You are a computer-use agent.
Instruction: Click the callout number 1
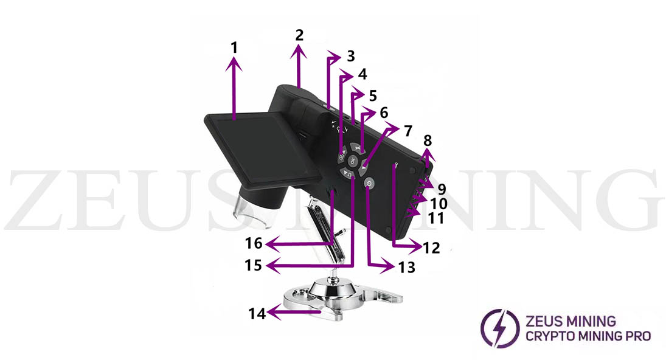tap(235, 46)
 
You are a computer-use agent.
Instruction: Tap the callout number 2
tap(299, 35)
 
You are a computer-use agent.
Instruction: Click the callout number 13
tap(407, 267)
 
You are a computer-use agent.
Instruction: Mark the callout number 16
tap(254, 244)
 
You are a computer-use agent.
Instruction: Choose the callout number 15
tap(254, 265)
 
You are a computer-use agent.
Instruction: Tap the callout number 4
tap(362, 75)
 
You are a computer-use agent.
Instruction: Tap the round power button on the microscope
tap(369, 182)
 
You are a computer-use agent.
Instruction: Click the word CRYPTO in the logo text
tap(544, 336)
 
